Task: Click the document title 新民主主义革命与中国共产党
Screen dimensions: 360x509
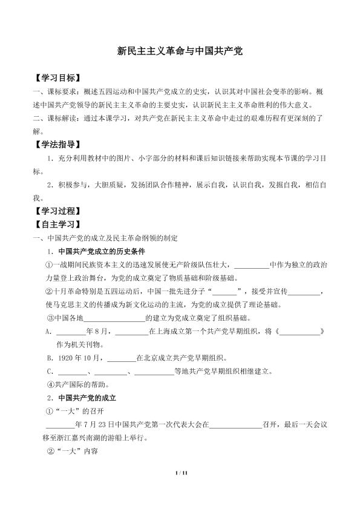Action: tap(180, 52)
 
